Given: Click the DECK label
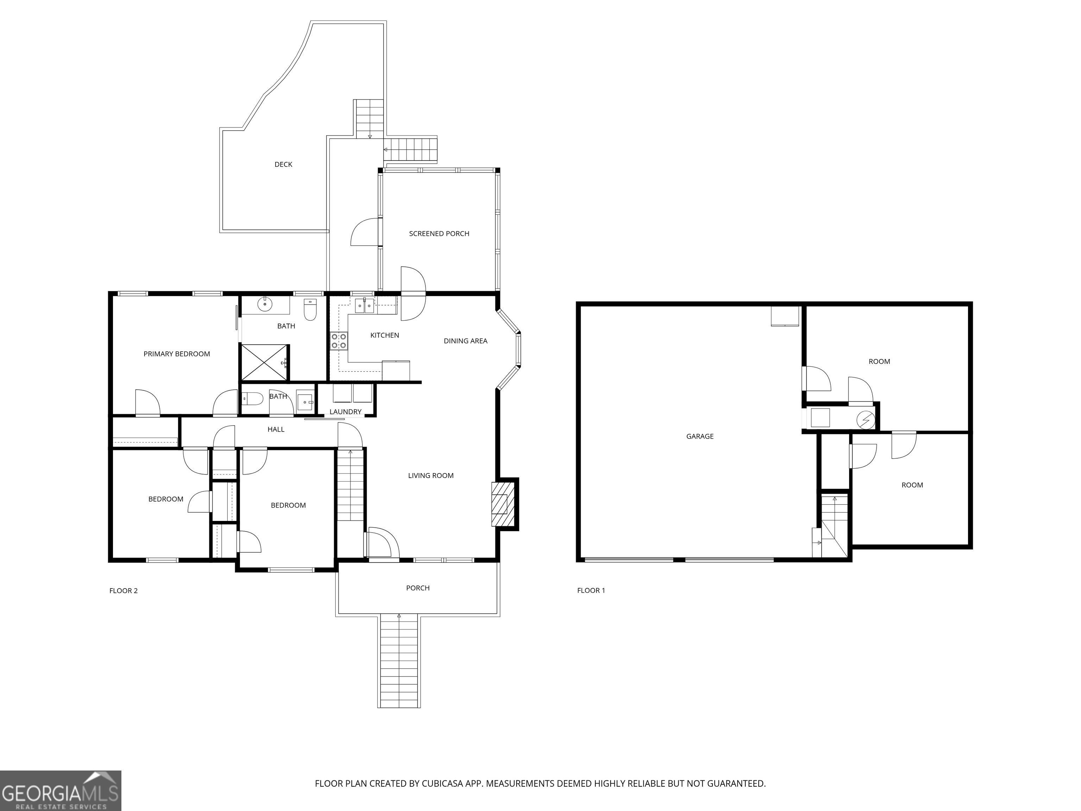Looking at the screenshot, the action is pos(283,165).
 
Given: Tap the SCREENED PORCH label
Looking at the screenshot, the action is pos(439,234).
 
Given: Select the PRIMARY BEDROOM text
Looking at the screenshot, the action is pos(176,354).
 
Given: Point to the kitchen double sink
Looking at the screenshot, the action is pos(365,306).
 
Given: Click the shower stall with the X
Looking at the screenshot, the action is pos(264,362).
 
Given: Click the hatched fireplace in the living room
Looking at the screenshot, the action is pos(503,504).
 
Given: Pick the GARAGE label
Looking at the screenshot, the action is pos(700,436).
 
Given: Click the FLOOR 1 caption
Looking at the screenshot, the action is pos(591,591).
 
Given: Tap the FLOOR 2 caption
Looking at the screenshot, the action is pos(123,591).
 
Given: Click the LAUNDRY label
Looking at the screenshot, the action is pos(346,412).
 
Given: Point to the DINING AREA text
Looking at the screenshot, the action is pos(465,341).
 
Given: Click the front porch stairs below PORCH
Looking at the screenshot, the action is pos(399,661).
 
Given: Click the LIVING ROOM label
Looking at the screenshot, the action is pos(431,476).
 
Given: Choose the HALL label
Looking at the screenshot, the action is pos(276,430).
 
